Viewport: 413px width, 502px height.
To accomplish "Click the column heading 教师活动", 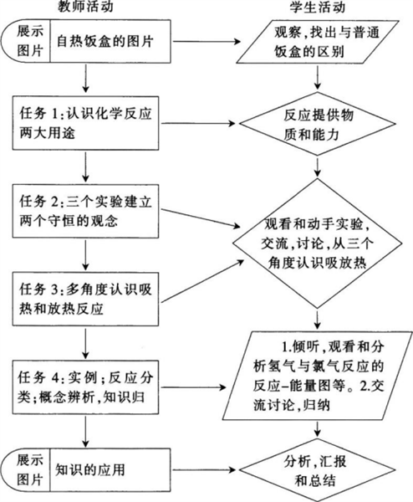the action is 85,7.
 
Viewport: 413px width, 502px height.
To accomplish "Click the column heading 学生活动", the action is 317,7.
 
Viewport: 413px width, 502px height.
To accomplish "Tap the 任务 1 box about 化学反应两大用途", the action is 85,123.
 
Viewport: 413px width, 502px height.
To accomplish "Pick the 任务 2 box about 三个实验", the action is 85,211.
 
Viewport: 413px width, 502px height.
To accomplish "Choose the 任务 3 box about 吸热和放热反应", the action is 85,299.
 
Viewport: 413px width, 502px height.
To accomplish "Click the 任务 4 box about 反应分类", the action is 85,387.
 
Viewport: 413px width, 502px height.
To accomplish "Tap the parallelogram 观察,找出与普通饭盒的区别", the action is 318,42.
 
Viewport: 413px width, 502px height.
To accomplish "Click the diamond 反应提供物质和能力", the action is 318,124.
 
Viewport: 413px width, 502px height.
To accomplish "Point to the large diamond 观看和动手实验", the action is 318,243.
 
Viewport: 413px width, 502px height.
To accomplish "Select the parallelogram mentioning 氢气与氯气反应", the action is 318,376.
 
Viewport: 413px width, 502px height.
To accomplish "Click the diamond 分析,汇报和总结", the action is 318,470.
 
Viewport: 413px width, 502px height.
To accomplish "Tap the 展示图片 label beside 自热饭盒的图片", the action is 30,41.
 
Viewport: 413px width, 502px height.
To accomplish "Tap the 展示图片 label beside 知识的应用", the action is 30,470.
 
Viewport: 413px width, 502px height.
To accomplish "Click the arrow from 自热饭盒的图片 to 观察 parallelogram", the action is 206,42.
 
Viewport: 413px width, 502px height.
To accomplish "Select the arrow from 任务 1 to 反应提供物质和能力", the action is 198,123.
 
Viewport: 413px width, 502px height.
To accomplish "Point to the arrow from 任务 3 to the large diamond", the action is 202,280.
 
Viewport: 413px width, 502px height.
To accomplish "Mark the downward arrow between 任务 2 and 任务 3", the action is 85,255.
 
